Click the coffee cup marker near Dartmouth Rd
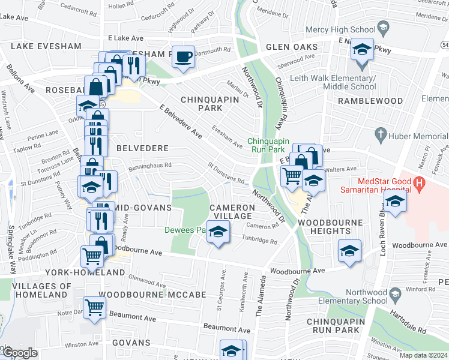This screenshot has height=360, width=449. pos(184,57)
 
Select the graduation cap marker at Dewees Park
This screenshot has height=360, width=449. pos(218,232)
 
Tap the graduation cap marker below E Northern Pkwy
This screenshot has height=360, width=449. pos(362,49)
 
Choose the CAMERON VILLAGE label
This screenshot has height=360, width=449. pos(232,211)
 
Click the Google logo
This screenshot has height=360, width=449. pos(20,353)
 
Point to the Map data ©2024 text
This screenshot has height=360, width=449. pos(423,355)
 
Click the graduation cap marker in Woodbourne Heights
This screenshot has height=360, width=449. pos(349,251)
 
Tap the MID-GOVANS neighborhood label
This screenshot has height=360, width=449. pos(145,207)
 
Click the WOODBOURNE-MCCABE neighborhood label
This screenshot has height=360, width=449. pos(152,295)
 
